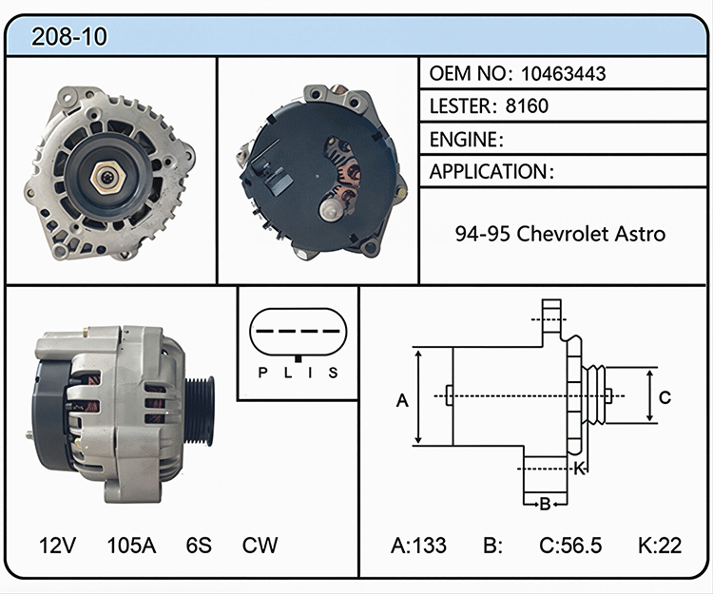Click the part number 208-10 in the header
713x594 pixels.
tap(69, 36)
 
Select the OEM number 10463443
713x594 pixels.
tap(563, 73)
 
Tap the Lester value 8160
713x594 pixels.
tap(527, 105)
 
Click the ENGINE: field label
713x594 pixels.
tap(467, 140)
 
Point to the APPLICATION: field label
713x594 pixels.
tap(492, 172)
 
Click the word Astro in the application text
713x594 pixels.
tap(640, 234)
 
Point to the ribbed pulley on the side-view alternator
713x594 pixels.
tap(200, 411)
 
